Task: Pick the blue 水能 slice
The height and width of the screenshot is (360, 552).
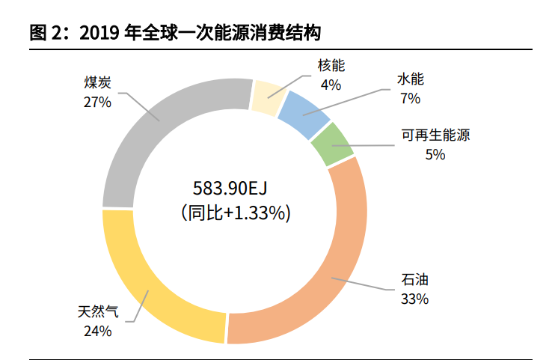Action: [307, 112]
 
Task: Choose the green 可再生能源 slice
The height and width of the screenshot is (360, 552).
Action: [332, 144]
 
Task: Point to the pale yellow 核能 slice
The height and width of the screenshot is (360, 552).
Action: [266, 96]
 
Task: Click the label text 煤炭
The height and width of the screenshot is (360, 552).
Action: [98, 82]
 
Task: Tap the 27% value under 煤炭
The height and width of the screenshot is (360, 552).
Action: [98, 101]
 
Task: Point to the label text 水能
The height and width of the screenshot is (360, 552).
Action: [411, 79]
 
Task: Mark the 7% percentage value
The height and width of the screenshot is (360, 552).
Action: [411, 97]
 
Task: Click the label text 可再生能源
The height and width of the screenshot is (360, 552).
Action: [435, 135]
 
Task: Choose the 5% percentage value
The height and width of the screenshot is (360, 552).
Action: [435, 154]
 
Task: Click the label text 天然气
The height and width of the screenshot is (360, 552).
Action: [98, 311]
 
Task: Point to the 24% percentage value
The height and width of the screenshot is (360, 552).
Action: [98, 330]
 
